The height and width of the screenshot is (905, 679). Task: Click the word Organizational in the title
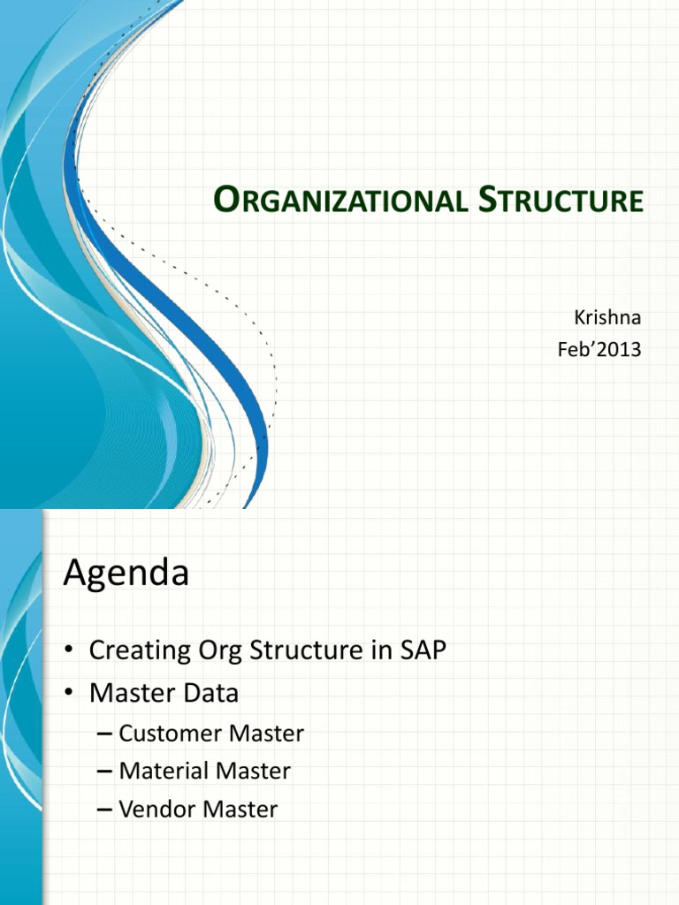click(x=340, y=200)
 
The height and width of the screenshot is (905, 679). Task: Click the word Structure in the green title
click(x=561, y=200)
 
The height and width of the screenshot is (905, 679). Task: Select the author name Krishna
click(x=607, y=317)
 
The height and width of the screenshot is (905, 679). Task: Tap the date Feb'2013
click(x=599, y=349)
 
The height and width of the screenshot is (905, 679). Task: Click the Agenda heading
click(x=126, y=574)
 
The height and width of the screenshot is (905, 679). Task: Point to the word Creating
click(x=140, y=651)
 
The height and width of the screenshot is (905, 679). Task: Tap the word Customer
click(x=171, y=734)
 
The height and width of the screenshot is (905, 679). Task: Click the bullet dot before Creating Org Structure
click(x=69, y=650)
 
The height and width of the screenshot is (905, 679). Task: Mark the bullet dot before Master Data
click(x=69, y=693)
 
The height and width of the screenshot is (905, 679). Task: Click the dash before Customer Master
click(x=104, y=734)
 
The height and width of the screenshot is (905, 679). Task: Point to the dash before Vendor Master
click(x=104, y=810)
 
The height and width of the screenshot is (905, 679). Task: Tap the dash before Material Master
click(x=104, y=772)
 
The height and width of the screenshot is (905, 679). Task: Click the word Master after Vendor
click(x=240, y=810)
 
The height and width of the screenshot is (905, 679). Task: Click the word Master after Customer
click(x=266, y=734)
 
